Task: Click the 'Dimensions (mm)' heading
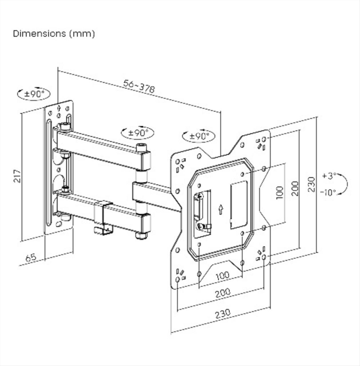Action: [54, 33]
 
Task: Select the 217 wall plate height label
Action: [17, 176]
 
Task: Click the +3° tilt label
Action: [329, 176]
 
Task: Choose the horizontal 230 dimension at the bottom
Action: [222, 313]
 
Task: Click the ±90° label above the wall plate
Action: [34, 94]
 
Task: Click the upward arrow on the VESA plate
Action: [220, 209]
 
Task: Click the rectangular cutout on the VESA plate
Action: [239, 204]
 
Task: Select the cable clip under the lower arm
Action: [103, 230]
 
